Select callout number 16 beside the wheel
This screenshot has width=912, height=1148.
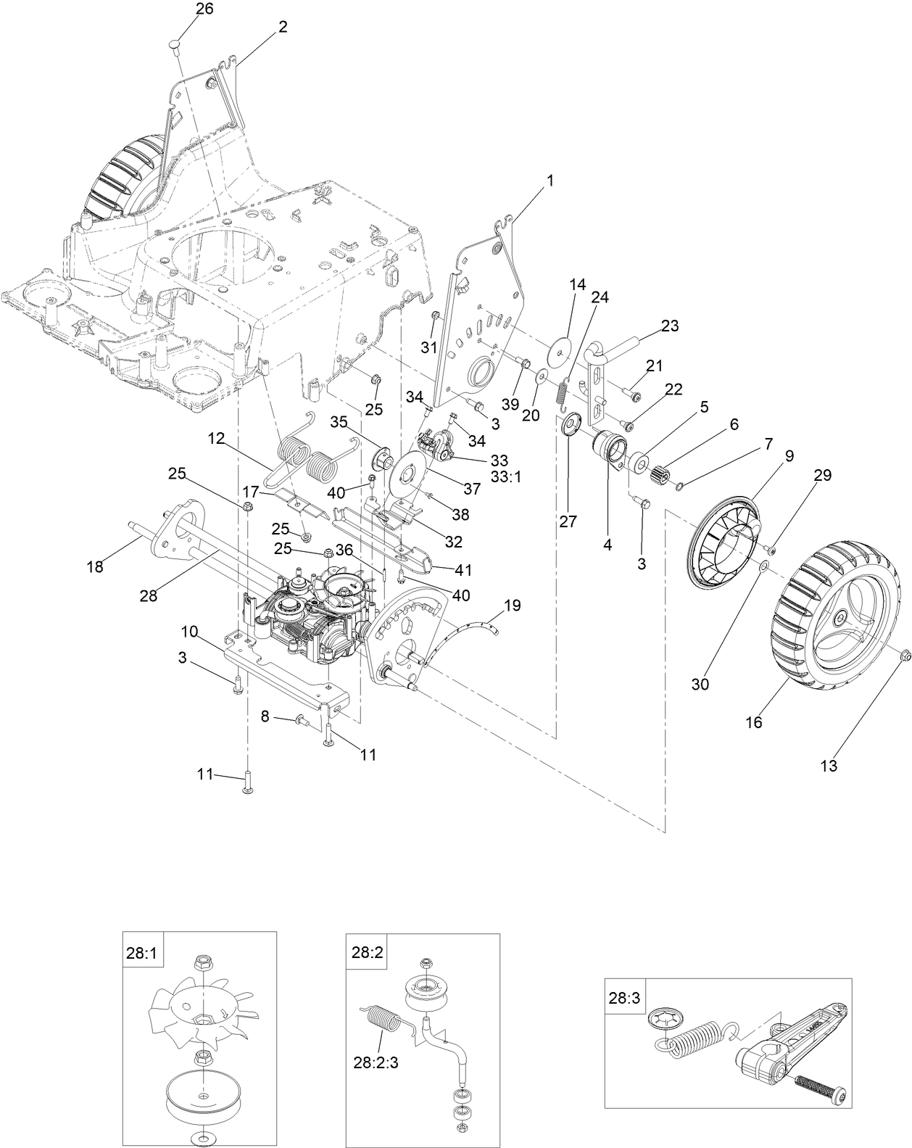(754, 722)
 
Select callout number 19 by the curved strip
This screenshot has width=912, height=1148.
(512, 605)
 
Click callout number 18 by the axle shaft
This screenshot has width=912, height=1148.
(95, 567)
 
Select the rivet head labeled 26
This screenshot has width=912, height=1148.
(173, 44)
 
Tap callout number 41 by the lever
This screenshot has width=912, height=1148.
(461, 570)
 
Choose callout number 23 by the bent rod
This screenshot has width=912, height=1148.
(669, 326)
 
